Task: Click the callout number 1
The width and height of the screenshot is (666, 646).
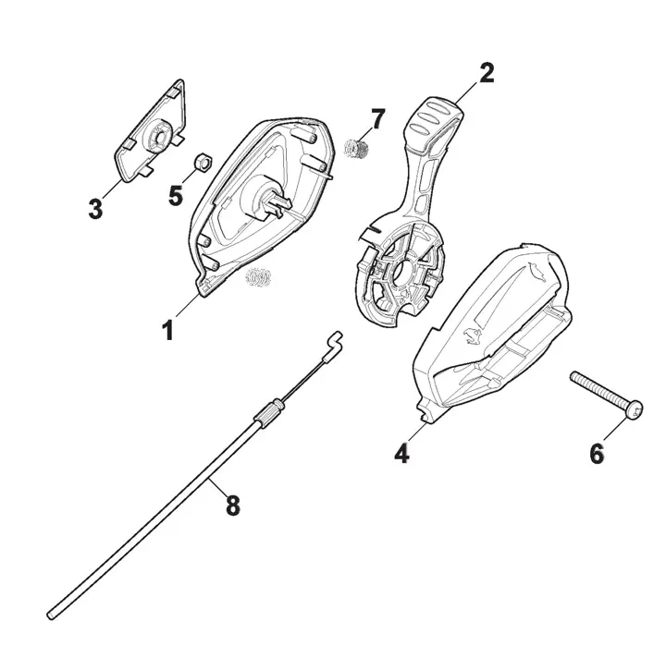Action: (x=168, y=331)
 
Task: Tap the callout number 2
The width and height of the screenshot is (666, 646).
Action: (x=487, y=73)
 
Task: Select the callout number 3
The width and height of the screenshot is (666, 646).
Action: (x=95, y=209)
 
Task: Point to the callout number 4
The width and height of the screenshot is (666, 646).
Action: (x=401, y=453)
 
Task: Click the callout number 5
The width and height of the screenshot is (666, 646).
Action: (x=176, y=196)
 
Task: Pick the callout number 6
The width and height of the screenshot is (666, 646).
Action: (x=597, y=454)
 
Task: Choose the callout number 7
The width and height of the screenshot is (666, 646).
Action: (x=377, y=119)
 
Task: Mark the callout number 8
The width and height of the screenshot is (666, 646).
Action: (x=232, y=506)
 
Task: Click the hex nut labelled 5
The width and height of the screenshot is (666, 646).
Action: (x=203, y=162)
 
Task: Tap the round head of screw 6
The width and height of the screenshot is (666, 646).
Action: (x=635, y=410)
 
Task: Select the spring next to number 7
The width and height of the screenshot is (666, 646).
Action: (x=356, y=149)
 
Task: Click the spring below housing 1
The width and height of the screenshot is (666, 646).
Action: (x=258, y=277)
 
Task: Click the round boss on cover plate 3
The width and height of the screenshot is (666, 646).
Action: (x=158, y=135)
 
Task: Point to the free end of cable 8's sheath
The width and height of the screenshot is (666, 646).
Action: (x=50, y=615)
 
